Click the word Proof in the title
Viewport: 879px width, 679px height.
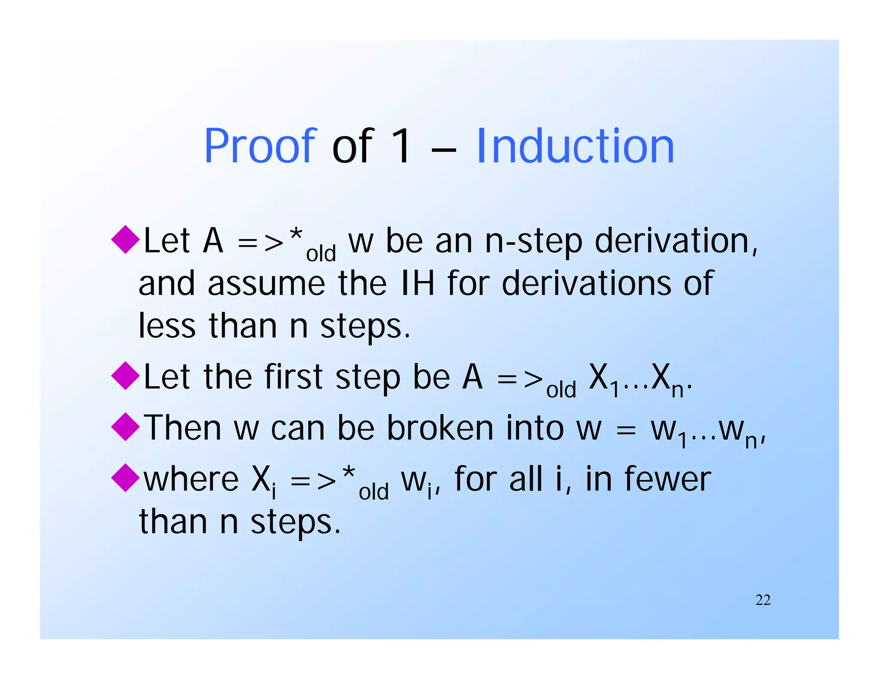pyautogui.click(x=260, y=147)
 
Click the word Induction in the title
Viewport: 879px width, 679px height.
pyautogui.click(x=575, y=147)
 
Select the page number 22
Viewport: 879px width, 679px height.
pyautogui.click(x=763, y=600)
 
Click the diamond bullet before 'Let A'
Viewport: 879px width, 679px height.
pyautogui.click(x=125, y=239)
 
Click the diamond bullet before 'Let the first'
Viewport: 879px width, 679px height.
pyautogui.click(x=125, y=376)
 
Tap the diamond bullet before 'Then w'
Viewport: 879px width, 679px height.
pyautogui.click(x=125, y=427)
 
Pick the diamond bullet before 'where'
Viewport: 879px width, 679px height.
pyautogui.click(x=125, y=478)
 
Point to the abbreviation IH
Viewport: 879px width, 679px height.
pyautogui.click(x=417, y=283)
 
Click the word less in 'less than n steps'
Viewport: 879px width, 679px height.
pyautogui.click(x=167, y=326)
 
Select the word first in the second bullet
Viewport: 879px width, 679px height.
pyautogui.click(x=293, y=377)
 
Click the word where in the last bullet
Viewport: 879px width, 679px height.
pyautogui.click(x=191, y=479)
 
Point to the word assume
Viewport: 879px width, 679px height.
pyautogui.click(x=266, y=284)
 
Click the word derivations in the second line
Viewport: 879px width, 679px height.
pyautogui.click(x=586, y=283)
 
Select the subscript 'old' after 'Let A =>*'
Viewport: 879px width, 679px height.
pyautogui.click(x=321, y=254)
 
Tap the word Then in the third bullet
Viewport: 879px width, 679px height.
pyautogui.click(x=182, y=428)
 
